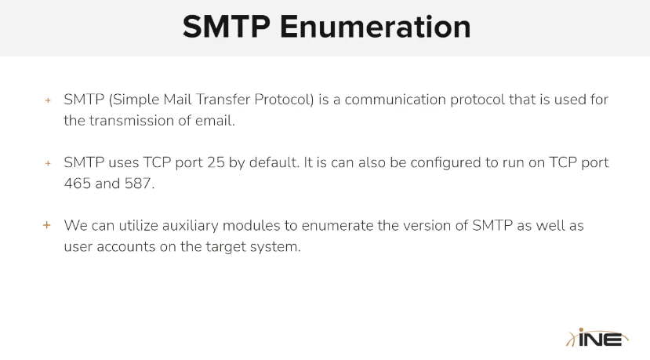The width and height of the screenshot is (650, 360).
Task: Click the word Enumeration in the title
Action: click(375, 27)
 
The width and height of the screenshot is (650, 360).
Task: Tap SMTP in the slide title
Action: click(227, 27)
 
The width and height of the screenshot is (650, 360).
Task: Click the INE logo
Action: click(597, 337)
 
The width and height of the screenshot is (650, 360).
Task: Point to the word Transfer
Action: click(223, 100)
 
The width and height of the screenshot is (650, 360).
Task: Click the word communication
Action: click(395, 100)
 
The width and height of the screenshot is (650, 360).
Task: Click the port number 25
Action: click(216, 162)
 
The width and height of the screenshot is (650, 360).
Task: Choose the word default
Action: click(274, 162)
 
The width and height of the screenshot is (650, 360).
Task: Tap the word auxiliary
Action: click(190, 225)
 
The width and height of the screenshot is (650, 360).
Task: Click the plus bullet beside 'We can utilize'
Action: click(47, 225)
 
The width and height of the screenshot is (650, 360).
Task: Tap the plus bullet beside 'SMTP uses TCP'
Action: click(48, 163)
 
